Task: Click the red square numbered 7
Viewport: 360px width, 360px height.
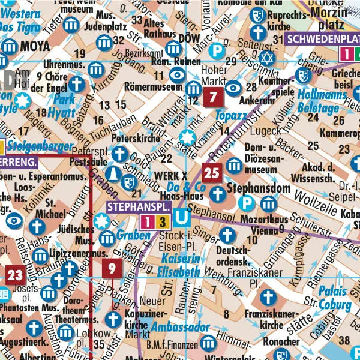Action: coord(212,97)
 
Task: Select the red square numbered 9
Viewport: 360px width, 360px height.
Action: coord(112,268)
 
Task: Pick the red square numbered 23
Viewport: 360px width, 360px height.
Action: coord(16,275)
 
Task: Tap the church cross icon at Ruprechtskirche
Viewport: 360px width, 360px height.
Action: coord(258,32)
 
